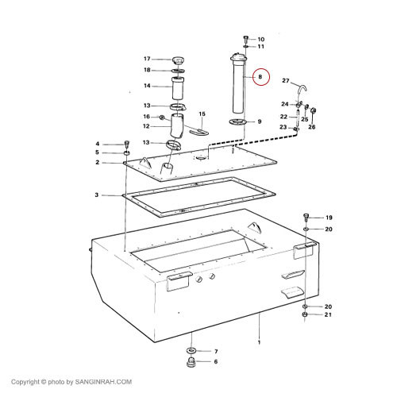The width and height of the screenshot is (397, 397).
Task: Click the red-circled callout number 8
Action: [x=260, y=77]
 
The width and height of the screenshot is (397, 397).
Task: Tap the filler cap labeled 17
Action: [x=178, y=60]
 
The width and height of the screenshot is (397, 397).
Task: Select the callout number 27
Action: [x=286, y=80]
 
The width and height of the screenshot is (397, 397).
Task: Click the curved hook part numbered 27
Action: [x=302, y=91]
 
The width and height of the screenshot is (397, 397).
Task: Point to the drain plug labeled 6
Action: [x=191, y=362]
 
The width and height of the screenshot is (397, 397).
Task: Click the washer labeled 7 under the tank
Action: [x=191, y=350]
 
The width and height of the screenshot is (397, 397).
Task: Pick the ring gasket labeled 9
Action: [x=237, y=122]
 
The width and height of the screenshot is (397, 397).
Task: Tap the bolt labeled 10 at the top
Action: [x=245, y=39]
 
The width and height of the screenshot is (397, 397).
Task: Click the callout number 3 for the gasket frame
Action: [x=97, y=195]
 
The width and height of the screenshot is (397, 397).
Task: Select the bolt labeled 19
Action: [x=306, y=218]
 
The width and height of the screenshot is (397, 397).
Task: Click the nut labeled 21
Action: [x=305, y=314]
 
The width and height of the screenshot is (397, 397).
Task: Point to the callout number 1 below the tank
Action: [x=259, y=342]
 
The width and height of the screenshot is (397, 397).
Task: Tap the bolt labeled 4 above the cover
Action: [x=127, y=145]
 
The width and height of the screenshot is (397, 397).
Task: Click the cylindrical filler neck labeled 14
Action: [x=178, y=88]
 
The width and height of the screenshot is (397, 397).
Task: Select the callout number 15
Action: [x=202, y=114]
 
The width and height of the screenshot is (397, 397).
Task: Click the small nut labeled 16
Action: [x=162, y=118]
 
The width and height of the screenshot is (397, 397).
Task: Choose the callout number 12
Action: [x=146, y=126]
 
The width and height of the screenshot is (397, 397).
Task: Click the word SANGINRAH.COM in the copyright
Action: [x=103, y=382]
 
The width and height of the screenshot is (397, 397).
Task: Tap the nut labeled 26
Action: [x=313, y=110]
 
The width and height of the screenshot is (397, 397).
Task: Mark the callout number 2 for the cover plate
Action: [x=98, y=162]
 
